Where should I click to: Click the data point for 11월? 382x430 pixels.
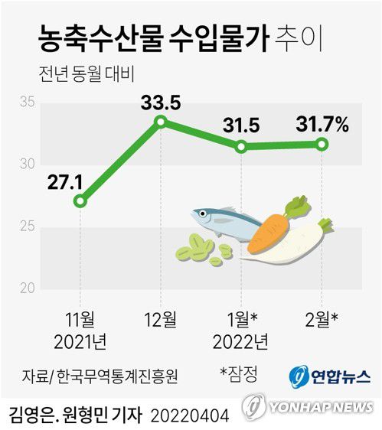(80, 201)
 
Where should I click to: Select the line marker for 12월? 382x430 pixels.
(160, 121)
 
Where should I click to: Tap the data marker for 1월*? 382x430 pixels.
(241, 146)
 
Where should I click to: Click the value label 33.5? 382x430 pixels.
(160, 101)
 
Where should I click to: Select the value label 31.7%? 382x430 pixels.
(322, 122)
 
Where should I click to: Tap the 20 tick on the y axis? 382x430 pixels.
(27, 288)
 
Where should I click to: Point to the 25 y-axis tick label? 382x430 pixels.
(27, 226)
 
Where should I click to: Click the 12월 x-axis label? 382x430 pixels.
(159, 318)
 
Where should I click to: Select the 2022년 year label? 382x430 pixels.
(242, 340)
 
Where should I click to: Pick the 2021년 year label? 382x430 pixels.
(80, 340)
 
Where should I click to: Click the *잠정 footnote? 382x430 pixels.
(239, 374)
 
